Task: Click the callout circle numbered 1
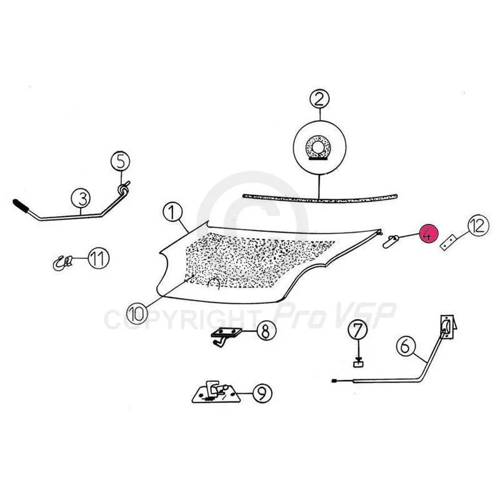click(x=172, y=212)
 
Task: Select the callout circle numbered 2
click(x=319, y=99)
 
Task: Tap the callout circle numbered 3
click(x=81, y=198)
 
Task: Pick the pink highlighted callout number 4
click(x=429, y=234)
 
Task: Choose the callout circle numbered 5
click(x=120, y=161)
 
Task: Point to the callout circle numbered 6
click(x=406, y=346)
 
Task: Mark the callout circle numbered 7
click(x=357, y=331)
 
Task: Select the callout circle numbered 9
click(x=262, y=394)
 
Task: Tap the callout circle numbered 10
click(x=137, y=313)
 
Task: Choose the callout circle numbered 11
click(x=98, y=259)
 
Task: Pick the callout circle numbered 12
click(x=478, y=226)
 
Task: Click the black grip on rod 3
click(x=21, y=206)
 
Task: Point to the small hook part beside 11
click(x=63, y=263)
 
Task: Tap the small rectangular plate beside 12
click(x=449, y=242)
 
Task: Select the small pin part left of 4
click(x=390, y=241)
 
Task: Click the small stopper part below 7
click(x=358, y=362)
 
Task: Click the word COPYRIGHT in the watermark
click(x=181, y=319)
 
